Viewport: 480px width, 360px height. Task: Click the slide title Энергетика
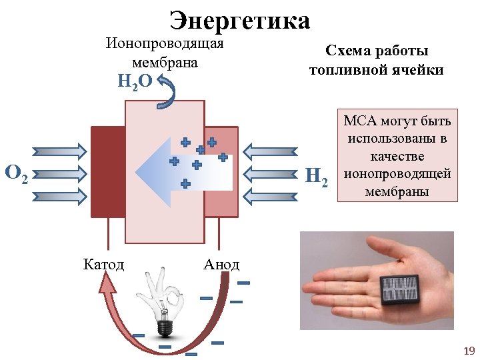pos(240,21)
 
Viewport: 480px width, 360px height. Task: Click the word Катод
pos(103,265)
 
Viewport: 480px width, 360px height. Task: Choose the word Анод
pos(221,265)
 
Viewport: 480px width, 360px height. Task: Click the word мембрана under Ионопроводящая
pos(165,63)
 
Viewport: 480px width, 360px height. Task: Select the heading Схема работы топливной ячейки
pos(377,60)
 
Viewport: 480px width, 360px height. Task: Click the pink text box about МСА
pos(398,156)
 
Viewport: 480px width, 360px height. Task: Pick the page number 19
pos(468,350)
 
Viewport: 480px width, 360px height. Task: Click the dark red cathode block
pos(107,171)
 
